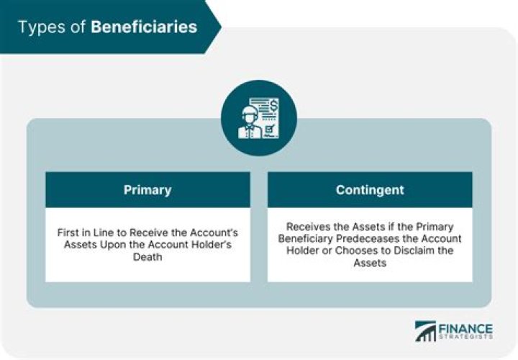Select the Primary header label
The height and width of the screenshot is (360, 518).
147,190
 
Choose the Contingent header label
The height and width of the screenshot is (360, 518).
370,190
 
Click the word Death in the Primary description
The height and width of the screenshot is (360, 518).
148,258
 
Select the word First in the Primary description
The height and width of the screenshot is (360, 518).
71,233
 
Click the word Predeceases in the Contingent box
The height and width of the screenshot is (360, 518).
382,239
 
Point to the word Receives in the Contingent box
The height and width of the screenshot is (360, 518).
307,227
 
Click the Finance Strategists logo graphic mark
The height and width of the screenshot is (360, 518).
426,330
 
